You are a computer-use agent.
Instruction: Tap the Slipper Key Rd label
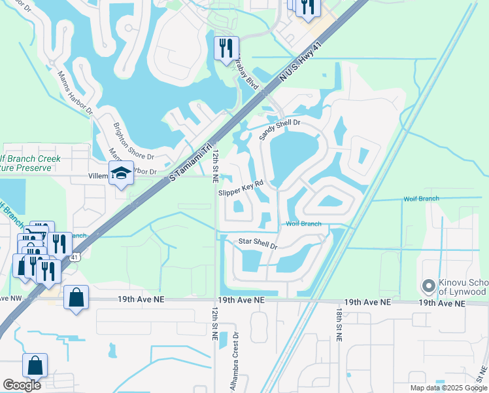click(x=240, y=188)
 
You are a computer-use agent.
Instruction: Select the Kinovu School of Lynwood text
click(x=462, y=286)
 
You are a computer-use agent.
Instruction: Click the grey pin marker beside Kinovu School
click(x=428, y=286)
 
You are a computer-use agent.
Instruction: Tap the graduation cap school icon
click(x=121, y=173)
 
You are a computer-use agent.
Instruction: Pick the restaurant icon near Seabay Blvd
click(x=226, y=48)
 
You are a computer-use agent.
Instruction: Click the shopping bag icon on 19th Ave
click(x=76, y=297)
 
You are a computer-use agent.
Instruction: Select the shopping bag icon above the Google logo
click(x=35, y=365)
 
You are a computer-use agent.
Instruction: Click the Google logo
click(x=22, y=384)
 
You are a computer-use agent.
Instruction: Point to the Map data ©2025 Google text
click(x=448, y=388)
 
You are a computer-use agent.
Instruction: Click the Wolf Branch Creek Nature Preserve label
click(x=29, y=163)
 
